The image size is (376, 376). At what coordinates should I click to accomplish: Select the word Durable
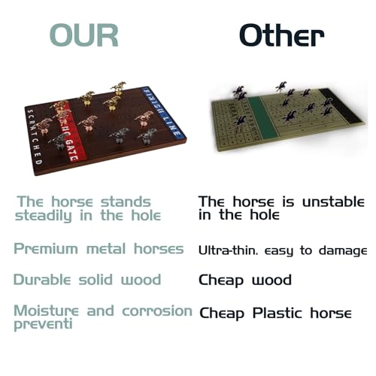point(45,280)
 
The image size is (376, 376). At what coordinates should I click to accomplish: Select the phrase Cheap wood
point(244,280)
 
